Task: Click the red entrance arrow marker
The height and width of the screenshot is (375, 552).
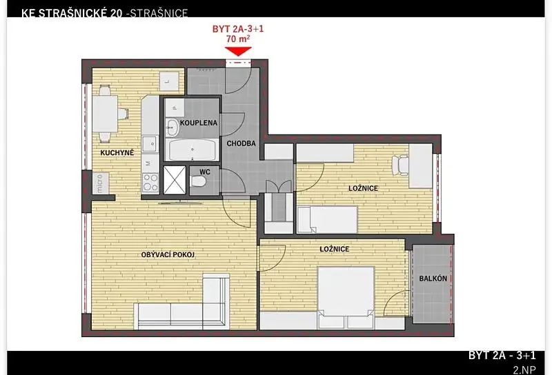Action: click(238, 52)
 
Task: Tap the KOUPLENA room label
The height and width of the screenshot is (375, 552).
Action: click(199, 123)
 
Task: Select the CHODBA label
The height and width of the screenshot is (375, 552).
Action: click(241, 143)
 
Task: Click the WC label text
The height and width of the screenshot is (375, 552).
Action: click(204, 172)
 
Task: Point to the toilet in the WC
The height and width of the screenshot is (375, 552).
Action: click(199, 181)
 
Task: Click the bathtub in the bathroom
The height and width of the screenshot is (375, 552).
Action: click(192, 150)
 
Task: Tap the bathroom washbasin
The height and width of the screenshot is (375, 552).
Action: click(172, 127)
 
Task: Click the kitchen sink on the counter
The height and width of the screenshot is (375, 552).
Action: click(150, 143)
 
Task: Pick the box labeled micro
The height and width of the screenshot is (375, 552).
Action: click(100, 183)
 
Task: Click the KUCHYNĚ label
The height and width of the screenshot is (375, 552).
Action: click(117, 152)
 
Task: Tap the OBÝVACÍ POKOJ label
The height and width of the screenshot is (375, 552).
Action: click(168, 254)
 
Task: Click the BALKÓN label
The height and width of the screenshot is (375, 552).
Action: click(433, 278)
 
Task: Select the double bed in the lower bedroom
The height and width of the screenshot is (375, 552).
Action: click(346, 297)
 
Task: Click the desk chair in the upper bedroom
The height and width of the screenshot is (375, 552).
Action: click(401, 165)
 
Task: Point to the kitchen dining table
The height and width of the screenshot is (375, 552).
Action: click(104, 114)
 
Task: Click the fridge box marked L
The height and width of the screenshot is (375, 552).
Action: click(168, 81)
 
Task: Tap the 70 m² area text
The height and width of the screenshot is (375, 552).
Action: click(238, 39)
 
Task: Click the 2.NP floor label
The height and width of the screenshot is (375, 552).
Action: click(524, 369)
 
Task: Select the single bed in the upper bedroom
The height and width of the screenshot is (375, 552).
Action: click(327, 219)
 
